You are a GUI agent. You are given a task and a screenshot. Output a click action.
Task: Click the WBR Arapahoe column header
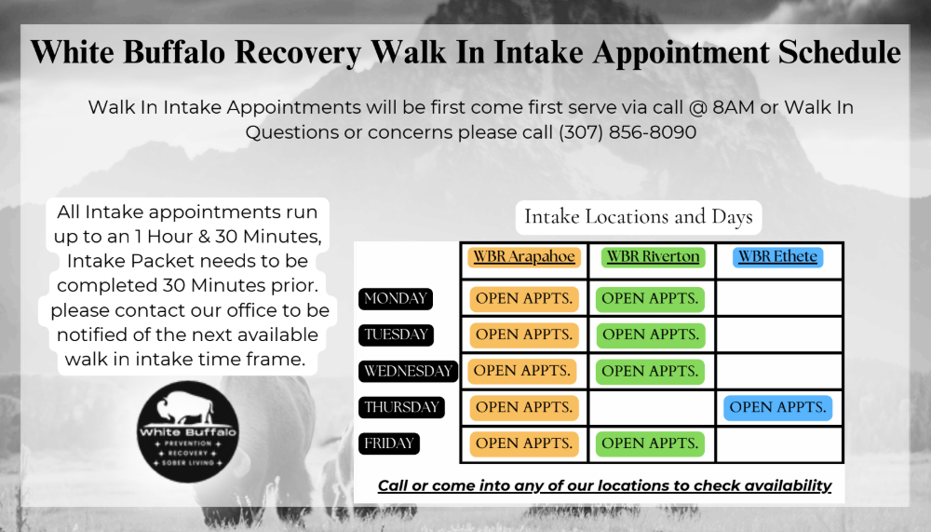click(523, 257)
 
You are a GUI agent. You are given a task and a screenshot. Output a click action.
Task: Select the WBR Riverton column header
click(653, 257)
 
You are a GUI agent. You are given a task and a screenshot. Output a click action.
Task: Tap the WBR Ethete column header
click(777, 257)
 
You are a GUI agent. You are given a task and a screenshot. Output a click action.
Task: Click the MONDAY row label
click(396, 298)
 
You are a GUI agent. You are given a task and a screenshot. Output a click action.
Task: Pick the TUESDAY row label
click(396, 334)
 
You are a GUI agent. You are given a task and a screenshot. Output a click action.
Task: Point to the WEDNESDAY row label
click(409, 371)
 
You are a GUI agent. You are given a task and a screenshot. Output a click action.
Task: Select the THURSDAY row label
click(401, 407)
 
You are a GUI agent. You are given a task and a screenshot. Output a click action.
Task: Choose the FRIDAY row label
click(389, 443)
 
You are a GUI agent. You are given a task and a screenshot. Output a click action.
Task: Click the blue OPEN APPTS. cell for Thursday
click(777, 408)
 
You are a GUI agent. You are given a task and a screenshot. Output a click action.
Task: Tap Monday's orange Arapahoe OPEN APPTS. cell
click(524, 299)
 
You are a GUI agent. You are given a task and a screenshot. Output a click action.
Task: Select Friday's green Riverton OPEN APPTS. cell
click(650, 444)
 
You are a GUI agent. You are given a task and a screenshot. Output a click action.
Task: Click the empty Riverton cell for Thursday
click(652, 408)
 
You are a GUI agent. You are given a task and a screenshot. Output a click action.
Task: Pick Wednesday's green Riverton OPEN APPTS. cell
click(650, 372)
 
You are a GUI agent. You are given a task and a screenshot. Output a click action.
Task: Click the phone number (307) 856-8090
click(627, 132)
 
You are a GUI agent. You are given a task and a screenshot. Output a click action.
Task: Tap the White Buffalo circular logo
click(188, 431)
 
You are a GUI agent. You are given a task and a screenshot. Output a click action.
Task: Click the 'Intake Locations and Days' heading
click(639, 217)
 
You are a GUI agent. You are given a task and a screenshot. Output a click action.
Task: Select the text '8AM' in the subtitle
click(734, 107)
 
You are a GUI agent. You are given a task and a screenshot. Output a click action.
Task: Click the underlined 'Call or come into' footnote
click(604, 485)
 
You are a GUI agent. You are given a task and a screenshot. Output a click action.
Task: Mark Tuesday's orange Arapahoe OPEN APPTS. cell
click(524, 335)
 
